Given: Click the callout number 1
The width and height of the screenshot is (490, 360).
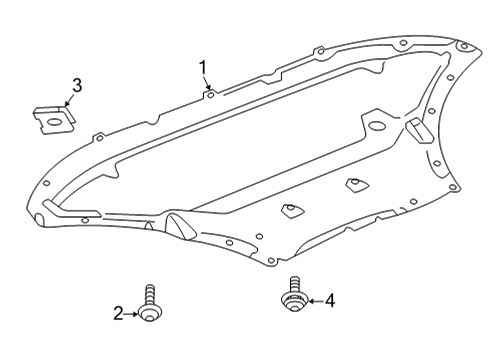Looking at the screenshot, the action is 203,68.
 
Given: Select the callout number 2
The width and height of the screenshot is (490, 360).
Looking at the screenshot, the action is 118,314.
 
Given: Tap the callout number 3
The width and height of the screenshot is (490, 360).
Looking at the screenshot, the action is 77,86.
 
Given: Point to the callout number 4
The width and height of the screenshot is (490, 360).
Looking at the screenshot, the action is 330,301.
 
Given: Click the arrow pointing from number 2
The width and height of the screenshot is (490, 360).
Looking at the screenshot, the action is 131,314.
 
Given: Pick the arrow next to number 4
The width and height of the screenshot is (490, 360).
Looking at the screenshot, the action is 316,301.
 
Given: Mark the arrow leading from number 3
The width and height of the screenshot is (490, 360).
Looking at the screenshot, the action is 69,100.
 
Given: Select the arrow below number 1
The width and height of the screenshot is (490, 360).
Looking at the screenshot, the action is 207,83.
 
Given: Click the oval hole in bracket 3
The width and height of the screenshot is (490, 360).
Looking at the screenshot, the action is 54,122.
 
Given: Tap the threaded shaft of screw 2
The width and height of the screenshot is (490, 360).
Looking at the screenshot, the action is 150,295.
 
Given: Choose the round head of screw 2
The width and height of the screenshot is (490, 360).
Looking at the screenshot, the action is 150,313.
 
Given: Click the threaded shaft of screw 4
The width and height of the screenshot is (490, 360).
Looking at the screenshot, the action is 294,284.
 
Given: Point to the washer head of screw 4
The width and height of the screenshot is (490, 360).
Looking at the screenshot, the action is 294,302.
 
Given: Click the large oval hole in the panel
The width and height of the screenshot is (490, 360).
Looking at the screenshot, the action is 377,126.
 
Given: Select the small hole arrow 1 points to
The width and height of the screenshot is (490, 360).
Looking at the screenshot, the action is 210,95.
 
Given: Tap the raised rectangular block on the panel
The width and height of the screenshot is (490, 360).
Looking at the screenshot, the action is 419,130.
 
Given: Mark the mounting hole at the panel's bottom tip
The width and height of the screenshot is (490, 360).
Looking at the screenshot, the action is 271,260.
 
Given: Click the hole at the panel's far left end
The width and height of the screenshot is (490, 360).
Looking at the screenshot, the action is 47,183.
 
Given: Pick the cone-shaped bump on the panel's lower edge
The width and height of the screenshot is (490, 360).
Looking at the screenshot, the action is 180,226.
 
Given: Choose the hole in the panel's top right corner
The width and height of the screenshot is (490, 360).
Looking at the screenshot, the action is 464,47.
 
